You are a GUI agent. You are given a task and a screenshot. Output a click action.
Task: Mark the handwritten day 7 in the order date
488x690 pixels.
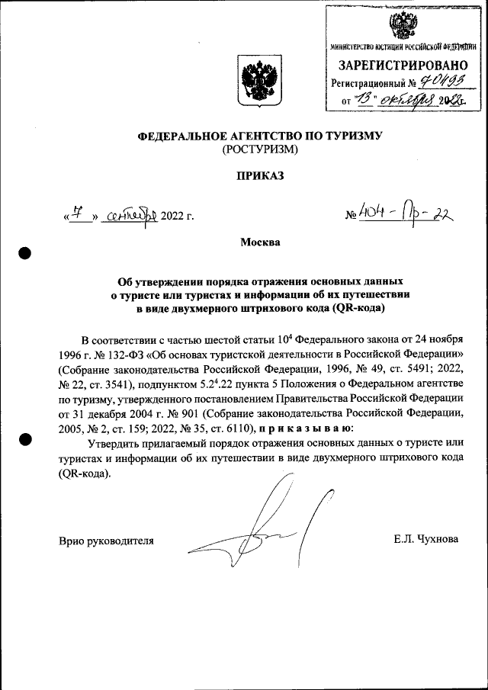click(76, 214)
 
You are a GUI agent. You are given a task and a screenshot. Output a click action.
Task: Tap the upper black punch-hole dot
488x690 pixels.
click(25, 253)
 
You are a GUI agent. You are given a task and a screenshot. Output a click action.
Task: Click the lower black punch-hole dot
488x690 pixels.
click(25, 439)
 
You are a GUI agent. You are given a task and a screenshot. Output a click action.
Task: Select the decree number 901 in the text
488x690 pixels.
click(167, 413)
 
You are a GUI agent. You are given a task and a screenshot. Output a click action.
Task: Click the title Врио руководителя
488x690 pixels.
click(106, 540)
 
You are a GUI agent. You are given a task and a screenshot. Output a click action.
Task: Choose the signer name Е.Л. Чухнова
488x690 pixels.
click(425, 539)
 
